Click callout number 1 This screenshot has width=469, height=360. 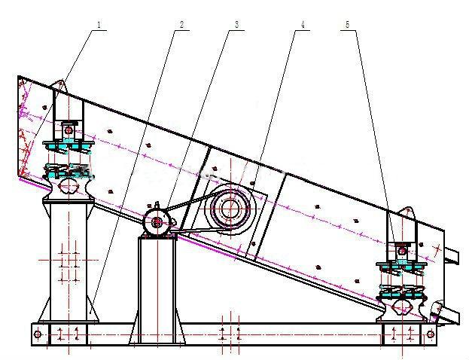point(99,24)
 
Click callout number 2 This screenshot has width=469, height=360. point(182,25)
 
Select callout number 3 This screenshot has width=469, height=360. point(237,25)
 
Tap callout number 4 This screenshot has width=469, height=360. point(303,25)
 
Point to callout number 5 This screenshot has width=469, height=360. point(347,25)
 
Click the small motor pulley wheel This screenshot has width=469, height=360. point(157,222)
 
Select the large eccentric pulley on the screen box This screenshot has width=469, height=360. point(230,208)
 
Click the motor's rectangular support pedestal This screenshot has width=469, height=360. point(157,289)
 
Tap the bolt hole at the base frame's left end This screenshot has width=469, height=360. point(38,334)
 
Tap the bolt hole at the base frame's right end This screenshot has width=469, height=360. point(431,334)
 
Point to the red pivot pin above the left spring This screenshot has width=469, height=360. point(69,130)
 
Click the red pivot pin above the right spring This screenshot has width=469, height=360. point(403,251)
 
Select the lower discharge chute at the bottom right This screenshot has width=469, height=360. point(446,313)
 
